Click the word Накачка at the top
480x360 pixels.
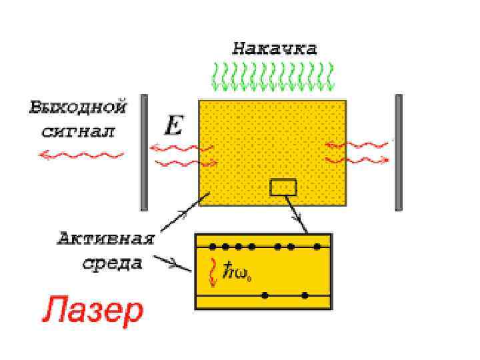[274, 48]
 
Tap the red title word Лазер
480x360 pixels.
[94, 310]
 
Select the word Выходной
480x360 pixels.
[78, 107]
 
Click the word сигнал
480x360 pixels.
[78, 131]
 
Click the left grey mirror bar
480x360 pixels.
[143, 152]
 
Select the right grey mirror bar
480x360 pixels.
[399, 152]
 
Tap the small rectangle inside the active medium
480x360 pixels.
[283, 187]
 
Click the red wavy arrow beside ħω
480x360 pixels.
[213, 271]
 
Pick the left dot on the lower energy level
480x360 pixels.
[265, 295]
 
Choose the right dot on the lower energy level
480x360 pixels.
[305, 295]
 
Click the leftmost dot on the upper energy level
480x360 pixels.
[213, 247]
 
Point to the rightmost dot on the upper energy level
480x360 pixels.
[317, 247]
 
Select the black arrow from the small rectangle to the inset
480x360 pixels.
[298, 213]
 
